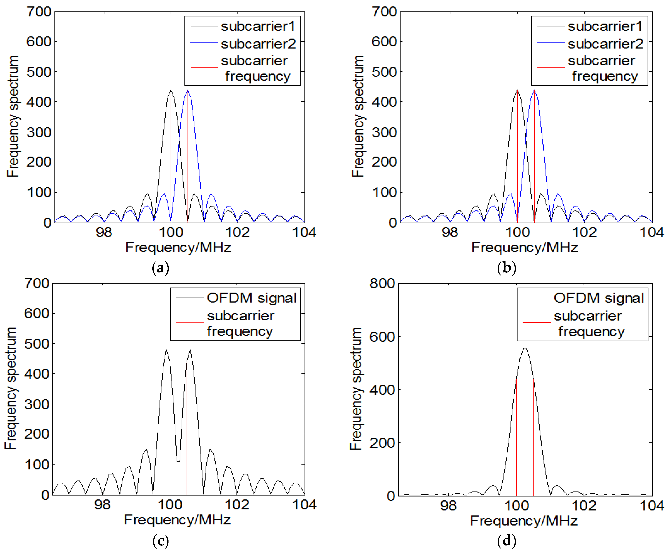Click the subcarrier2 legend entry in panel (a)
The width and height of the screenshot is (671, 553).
click(258, 44)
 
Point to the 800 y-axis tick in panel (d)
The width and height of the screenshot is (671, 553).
click(382, 283)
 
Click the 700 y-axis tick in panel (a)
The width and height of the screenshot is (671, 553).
click(39, 12)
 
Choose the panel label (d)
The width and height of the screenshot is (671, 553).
click(506, 541)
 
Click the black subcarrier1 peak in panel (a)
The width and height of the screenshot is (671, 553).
click(171, 90)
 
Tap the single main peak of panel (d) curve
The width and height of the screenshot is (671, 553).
click(525, 348)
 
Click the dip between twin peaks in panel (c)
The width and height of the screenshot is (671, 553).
click(178, 461)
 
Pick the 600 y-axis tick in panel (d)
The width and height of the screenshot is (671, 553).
click(382, 336)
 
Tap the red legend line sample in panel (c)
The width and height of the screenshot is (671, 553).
click(190, 322)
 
